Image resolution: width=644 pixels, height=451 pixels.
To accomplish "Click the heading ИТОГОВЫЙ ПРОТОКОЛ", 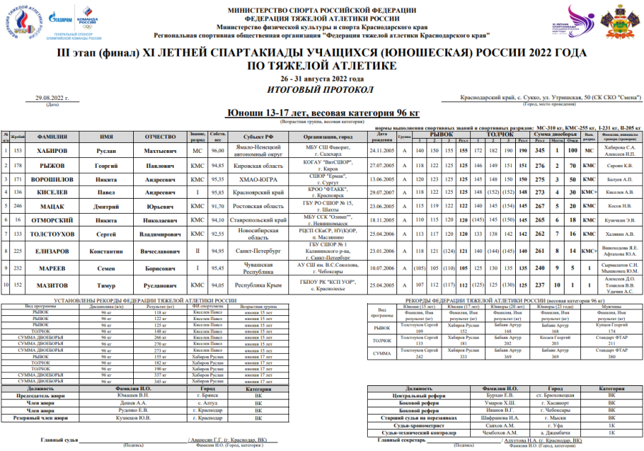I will coord(322,89).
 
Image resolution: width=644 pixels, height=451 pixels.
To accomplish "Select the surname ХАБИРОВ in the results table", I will coord(52,152).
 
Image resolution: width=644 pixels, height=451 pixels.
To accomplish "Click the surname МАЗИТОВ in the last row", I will coord(52,304).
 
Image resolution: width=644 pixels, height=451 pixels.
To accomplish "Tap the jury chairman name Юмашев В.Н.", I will coord(133,395).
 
